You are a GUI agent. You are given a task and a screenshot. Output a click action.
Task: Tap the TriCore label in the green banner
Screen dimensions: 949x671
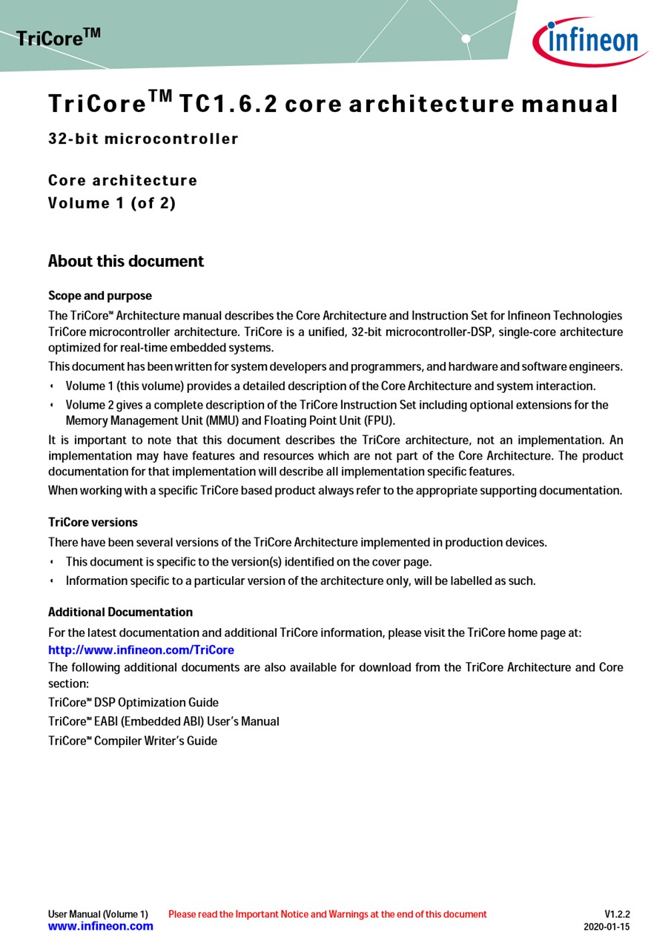click(58, 37)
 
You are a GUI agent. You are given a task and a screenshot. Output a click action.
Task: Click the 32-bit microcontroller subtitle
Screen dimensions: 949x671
click(143, 139)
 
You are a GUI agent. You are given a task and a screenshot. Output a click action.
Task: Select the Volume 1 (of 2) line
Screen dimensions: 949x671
click(112, 203)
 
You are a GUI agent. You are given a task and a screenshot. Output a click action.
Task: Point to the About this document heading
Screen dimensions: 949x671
click(126, 261)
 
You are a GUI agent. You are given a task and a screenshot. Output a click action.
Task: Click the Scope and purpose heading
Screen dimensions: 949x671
click(100, 296)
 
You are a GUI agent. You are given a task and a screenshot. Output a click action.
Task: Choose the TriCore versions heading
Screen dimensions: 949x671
click(93, 522)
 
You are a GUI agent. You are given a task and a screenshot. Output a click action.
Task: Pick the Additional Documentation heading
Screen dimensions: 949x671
click(120, 612)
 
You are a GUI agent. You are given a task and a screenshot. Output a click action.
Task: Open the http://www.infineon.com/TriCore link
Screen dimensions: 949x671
click(141, 650)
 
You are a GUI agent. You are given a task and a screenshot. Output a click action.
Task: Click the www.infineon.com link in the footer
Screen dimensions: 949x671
click(101, 926)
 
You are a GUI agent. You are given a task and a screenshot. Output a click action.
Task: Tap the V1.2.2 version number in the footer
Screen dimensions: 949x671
click(617, 914)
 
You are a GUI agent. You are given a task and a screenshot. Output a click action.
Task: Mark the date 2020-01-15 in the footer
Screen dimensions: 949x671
click(606, 927)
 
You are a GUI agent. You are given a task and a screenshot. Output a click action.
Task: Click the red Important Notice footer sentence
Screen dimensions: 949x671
click(327, 914)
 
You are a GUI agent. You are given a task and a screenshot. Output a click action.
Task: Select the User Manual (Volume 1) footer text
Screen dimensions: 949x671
click(98, 914)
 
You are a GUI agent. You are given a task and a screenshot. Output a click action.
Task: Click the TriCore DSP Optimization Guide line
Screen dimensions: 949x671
click(133, 702)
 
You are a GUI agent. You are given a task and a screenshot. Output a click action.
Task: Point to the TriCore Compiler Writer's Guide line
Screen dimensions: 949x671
click(133, 741)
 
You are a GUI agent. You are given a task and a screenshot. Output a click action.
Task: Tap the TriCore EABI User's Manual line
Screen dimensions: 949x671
click(164, 721)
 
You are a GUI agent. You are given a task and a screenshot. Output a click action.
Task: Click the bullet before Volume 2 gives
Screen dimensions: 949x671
click(52, 406)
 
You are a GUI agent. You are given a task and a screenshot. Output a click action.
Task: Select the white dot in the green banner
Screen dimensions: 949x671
click(466, 38)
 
